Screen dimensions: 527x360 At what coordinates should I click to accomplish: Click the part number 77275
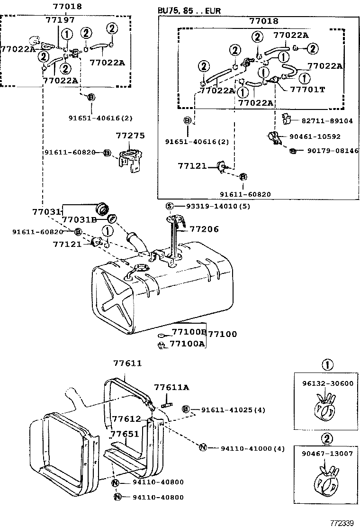click(x=130, y=136)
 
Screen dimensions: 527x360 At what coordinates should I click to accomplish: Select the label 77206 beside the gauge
click(x=204, y=229)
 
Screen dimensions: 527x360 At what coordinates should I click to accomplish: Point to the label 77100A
click(x=187, y=344)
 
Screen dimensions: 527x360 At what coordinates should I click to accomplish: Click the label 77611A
click(x=171, y=388)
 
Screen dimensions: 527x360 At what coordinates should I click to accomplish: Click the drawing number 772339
click(x=342, y=523)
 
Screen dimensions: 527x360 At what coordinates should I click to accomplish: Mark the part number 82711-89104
click(x=327, y=121)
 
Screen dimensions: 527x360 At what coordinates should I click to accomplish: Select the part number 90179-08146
click(x=333, y=151)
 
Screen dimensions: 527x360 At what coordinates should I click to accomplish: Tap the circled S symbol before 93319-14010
click(x=170, y=206)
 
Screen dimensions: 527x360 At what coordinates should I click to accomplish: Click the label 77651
click(x=125, y=434)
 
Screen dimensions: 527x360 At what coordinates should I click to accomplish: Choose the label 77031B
click(x=79, y=219)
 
